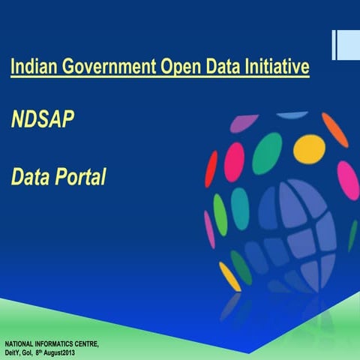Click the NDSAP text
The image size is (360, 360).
[43, 119]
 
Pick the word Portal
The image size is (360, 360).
[79, 177]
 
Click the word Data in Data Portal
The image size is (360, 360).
[28, 177]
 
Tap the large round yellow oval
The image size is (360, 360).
[309, 148]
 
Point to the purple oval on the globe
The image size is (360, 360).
[244, 123]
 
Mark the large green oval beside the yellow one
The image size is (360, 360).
[267, 153]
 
